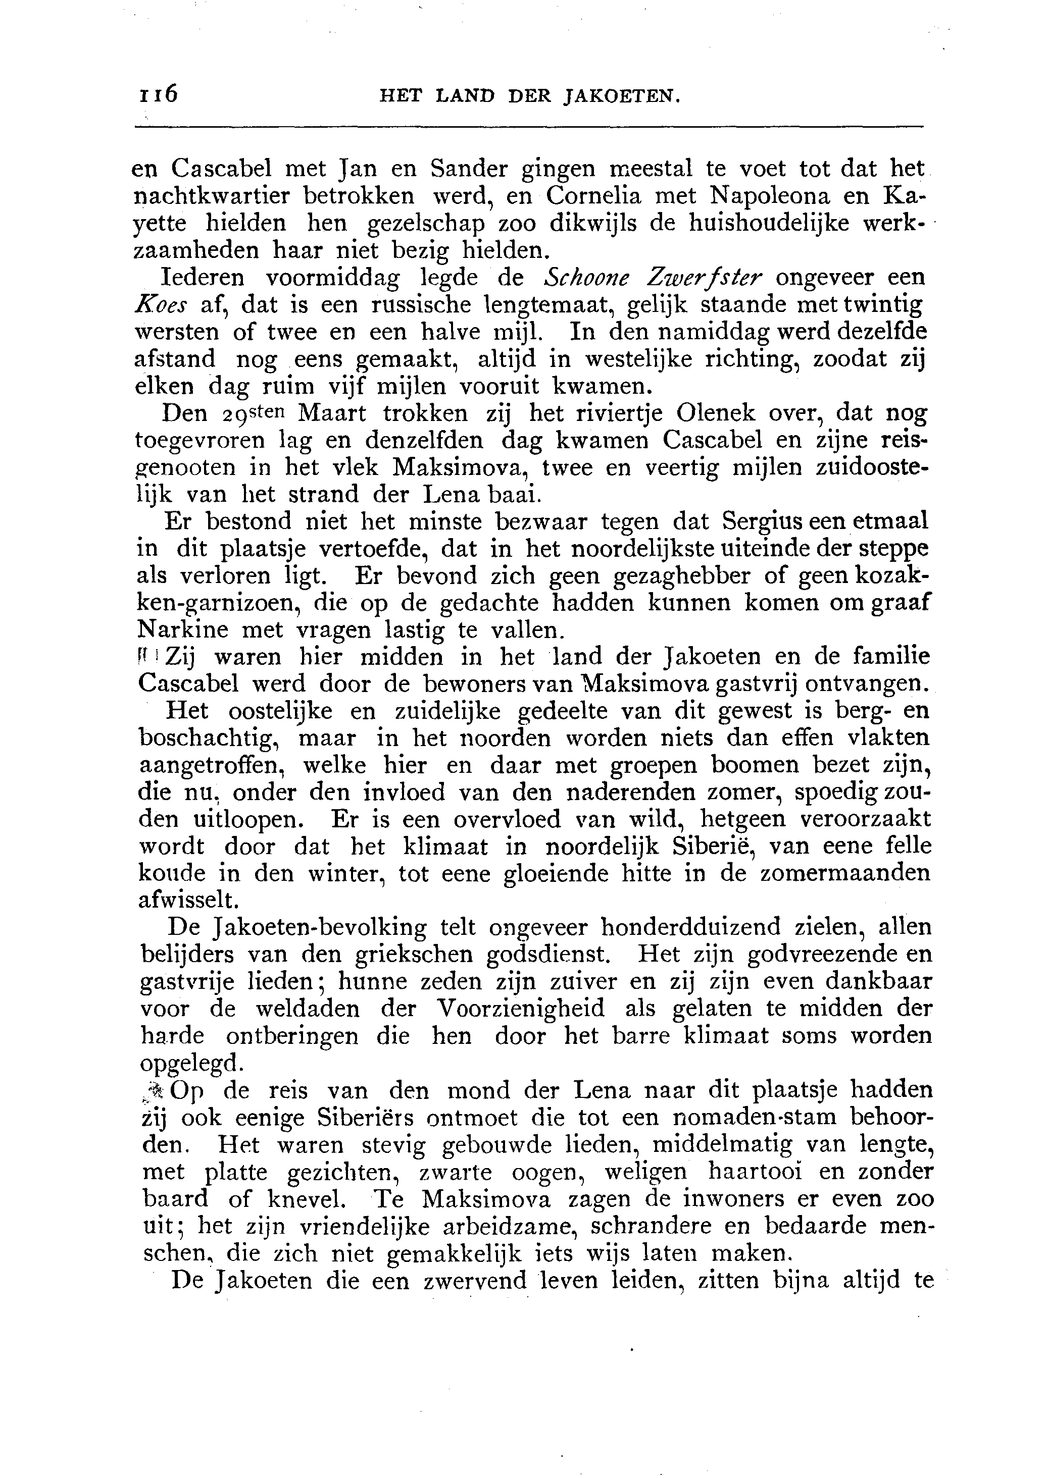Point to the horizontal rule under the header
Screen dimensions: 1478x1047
[x=529, y=126]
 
